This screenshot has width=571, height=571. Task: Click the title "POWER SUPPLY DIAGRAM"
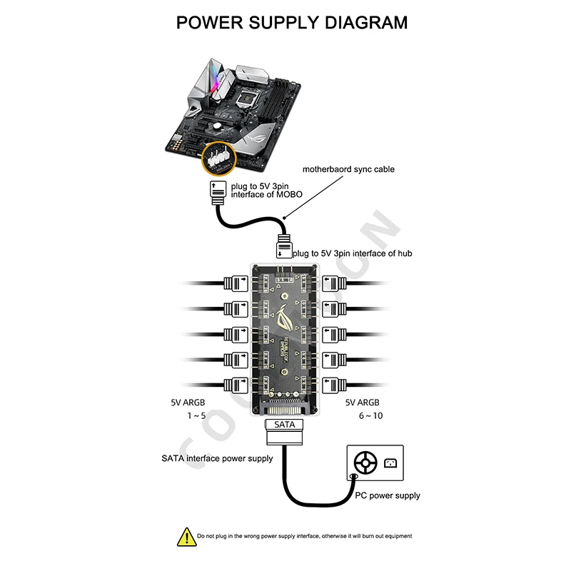coord(292,22)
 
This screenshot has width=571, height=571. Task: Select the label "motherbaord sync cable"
coord(348,170)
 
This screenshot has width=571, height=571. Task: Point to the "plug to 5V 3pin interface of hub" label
coord(352,253)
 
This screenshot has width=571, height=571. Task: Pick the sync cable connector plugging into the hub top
coord(283,246)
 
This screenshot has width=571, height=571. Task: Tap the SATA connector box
coord(284,425)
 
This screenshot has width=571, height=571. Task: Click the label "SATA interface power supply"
coord(217,458)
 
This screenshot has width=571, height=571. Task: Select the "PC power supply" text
coord(388,495)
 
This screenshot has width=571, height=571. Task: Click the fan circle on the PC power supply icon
coord(365,463)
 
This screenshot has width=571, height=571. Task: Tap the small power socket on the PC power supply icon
coord(389,462)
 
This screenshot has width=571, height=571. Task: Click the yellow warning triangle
coord(186,535)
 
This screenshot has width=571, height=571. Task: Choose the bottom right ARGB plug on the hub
coord(334,385)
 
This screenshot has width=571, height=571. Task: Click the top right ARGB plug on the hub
coord(334,283)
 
